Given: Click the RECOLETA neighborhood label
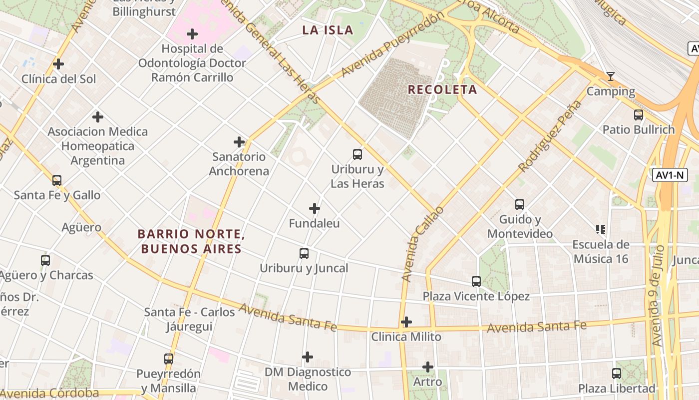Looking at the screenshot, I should tap(442, 90).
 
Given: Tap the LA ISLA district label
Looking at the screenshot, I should tap(328, 30).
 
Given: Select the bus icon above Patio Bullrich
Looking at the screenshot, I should tap(638, 115).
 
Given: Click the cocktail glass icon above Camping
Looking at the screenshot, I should tap(610, 76).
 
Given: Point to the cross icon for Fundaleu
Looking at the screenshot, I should tap(315, 208).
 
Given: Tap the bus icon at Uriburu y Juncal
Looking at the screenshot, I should tap(304, 253).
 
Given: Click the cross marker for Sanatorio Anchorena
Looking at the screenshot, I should tap(239, 142).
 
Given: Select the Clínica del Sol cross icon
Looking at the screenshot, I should tap(58, 64).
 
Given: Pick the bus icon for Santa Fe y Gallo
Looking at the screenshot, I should tap(57, 180).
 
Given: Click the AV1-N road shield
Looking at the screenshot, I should tap(670, 175).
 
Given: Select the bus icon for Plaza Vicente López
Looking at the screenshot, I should tap(476, 281).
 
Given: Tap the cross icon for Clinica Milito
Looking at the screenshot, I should tap(406, 322).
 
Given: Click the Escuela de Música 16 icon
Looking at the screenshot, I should tap(601, 229).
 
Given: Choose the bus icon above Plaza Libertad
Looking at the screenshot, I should tap(617, 373).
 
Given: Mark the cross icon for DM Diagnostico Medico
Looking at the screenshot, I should tap(308, 357).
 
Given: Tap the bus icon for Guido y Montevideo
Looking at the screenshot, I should tap(520, 204).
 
